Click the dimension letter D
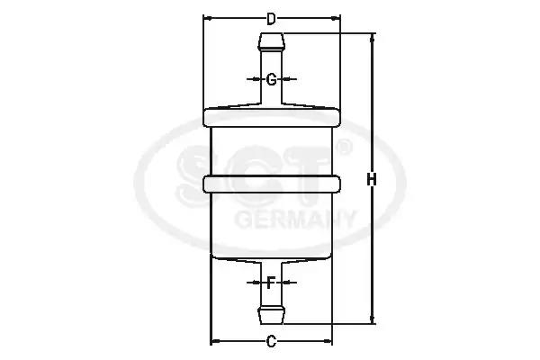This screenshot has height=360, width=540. [x=272, y=19]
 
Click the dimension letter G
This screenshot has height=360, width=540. [x=272, y=79]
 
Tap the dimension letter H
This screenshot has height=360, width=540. [x=372, y=180]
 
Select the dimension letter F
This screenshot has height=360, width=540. [x=272, y=283]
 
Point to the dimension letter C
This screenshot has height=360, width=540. [x=272, y=341]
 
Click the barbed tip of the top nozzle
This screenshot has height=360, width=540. [x=272, y=41]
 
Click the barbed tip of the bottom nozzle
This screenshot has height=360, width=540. [x=272, y=314]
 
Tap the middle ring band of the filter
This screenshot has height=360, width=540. [x=272, y=184]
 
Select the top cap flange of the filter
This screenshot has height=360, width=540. [x=272, y=118]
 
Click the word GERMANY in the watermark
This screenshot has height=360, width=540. [x=295, y=219]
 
